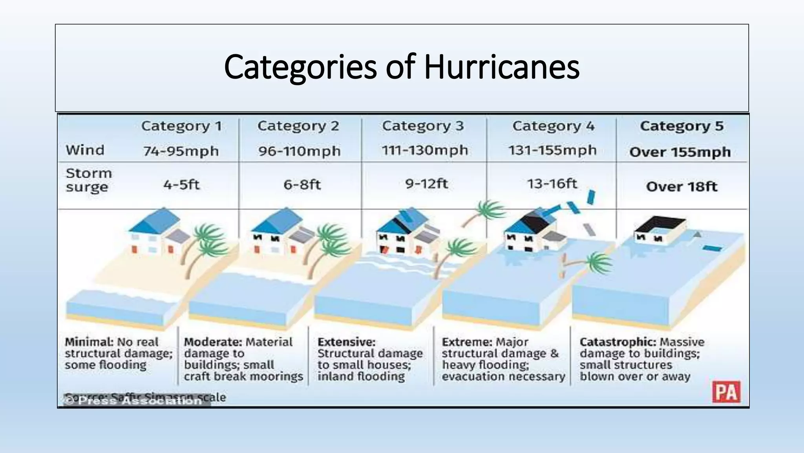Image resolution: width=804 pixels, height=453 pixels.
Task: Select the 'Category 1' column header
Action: tap(181, 126)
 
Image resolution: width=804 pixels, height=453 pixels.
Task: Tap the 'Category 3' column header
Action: tap(423, 126)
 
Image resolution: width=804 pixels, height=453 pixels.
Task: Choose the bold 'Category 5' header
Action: tap(682, 126)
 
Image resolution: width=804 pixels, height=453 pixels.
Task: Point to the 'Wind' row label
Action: tap(85, 150)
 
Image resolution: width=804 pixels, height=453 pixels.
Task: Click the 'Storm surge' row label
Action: tap(89, 180)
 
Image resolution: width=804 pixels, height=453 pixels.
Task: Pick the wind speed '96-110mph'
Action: tap(299, 151)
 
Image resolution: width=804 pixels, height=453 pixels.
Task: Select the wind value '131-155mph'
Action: tap(552, 150)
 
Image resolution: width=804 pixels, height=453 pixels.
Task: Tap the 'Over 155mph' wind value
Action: tap(680, 152)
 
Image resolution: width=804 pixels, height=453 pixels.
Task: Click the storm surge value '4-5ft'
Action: tap(181, 184)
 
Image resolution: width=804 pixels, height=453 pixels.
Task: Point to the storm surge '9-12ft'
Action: tap(426, 184)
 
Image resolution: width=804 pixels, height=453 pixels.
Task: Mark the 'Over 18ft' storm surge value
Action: tap(682, 186)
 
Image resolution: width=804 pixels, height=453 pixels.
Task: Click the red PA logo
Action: tap(726, 392)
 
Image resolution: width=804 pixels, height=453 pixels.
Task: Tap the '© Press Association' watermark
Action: tap(135, 401)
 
